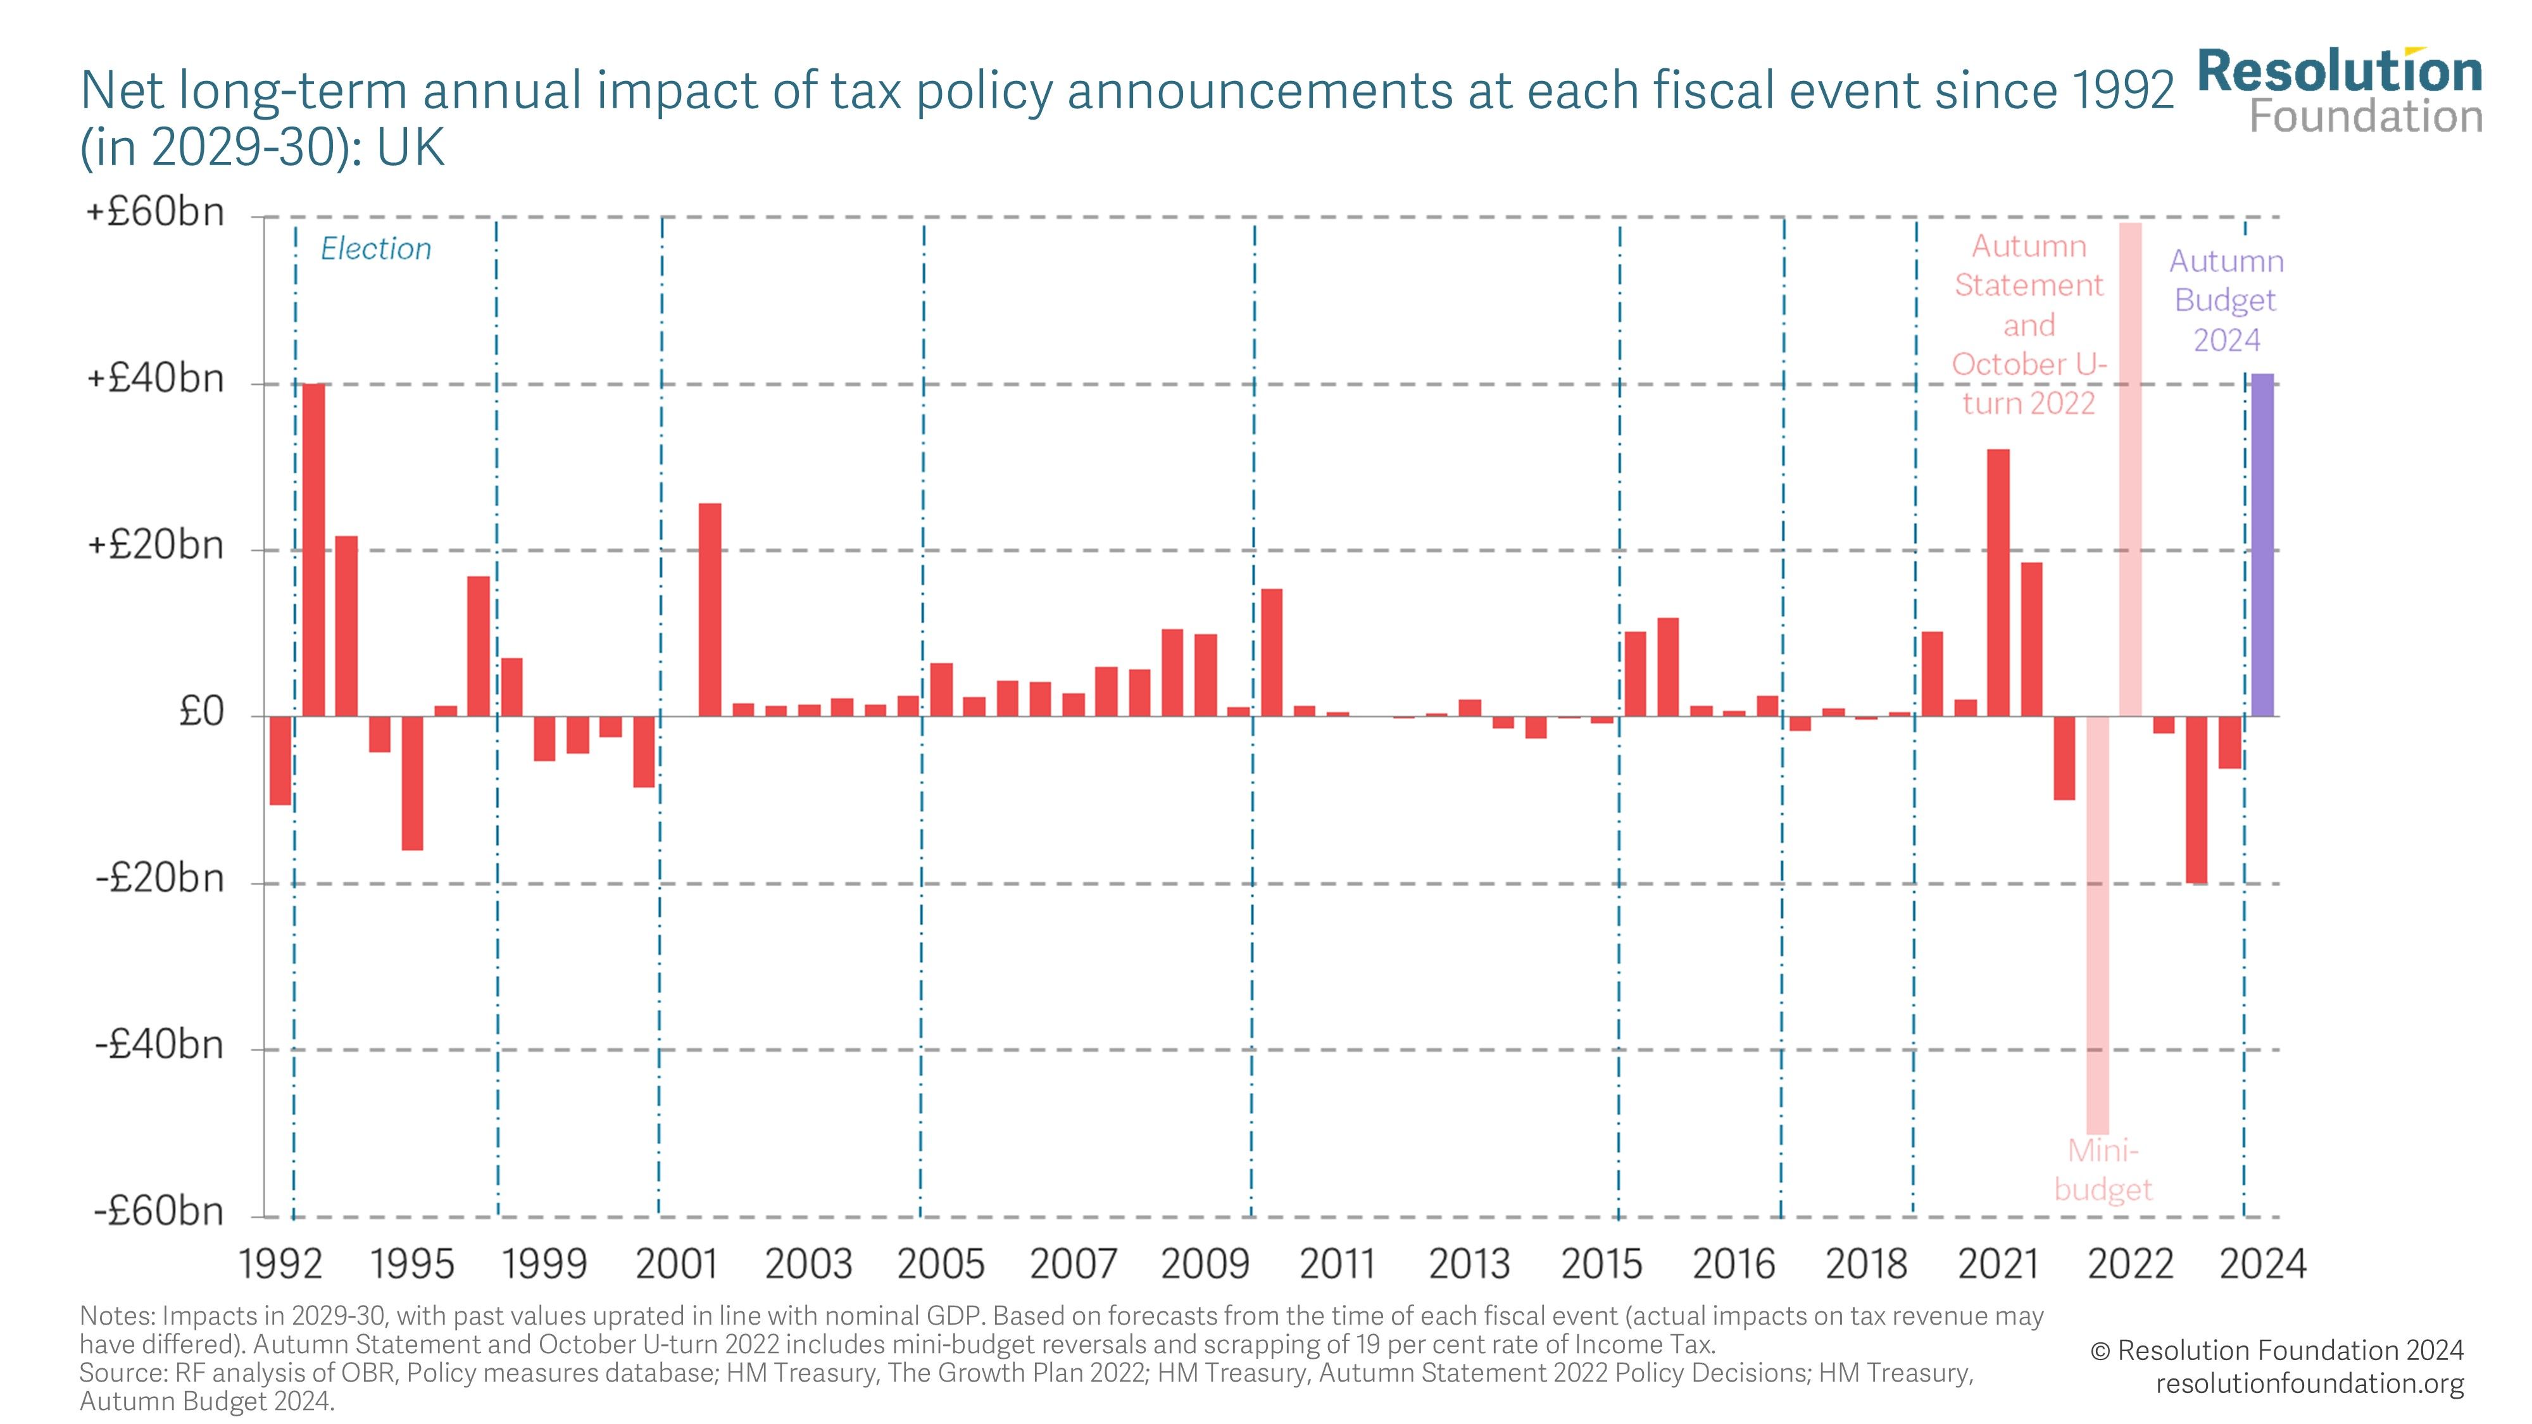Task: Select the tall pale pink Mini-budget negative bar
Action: click(2096, 924)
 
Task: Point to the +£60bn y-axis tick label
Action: click(155, 212)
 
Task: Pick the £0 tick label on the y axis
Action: click(201, 711)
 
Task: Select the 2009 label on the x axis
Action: click(1204, 1264)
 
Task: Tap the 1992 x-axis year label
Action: click(280, 1264)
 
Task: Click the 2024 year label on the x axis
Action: click(2262, 1264)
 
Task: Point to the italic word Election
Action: click(375, 249)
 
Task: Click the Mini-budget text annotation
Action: click(2102, 1170)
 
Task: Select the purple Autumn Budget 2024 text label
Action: click(2226, 300)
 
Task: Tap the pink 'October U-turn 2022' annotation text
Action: click(2029, 384)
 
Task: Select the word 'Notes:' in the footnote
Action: click(117, 1316)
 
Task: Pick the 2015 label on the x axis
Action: click(1601, 1264)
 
